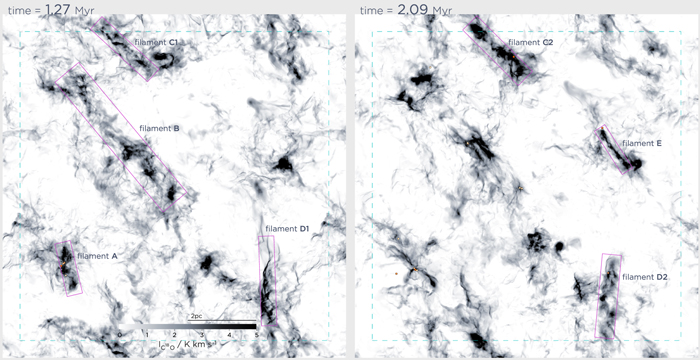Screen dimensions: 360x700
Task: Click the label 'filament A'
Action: [x=98, y=256]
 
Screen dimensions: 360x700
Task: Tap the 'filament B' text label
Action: [x=159, y=128]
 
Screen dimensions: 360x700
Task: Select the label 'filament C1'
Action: [x=159, y=43]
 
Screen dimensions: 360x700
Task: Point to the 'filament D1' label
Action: [x=288, y=230]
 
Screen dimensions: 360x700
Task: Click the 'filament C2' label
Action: [x=531, y=43]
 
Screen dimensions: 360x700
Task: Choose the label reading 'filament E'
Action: [x=642, y=143]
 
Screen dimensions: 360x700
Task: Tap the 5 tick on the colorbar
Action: [x=257, y=335]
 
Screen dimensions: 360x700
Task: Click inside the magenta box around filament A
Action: [x=69, y=267]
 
